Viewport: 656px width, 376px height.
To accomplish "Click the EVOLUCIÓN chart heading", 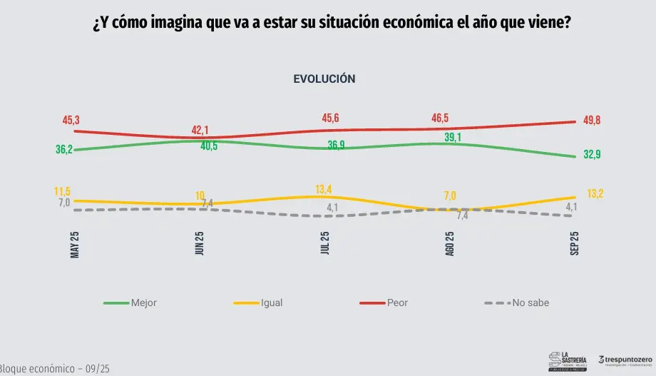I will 324,79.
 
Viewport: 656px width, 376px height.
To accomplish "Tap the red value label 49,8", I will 590,121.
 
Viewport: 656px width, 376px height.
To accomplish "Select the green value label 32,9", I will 591,155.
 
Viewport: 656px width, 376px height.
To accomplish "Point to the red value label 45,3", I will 71,121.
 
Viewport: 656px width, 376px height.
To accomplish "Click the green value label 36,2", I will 64,150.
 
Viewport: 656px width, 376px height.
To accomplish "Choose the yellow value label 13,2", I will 595,193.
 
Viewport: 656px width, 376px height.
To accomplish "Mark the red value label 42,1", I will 200,129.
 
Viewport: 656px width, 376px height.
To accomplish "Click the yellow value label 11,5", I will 63,192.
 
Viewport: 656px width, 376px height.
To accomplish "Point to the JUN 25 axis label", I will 200,245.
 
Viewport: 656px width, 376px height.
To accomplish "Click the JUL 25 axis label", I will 325,245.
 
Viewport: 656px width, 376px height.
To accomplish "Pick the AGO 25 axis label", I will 450,245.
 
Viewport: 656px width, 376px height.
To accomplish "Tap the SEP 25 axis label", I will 575,245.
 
